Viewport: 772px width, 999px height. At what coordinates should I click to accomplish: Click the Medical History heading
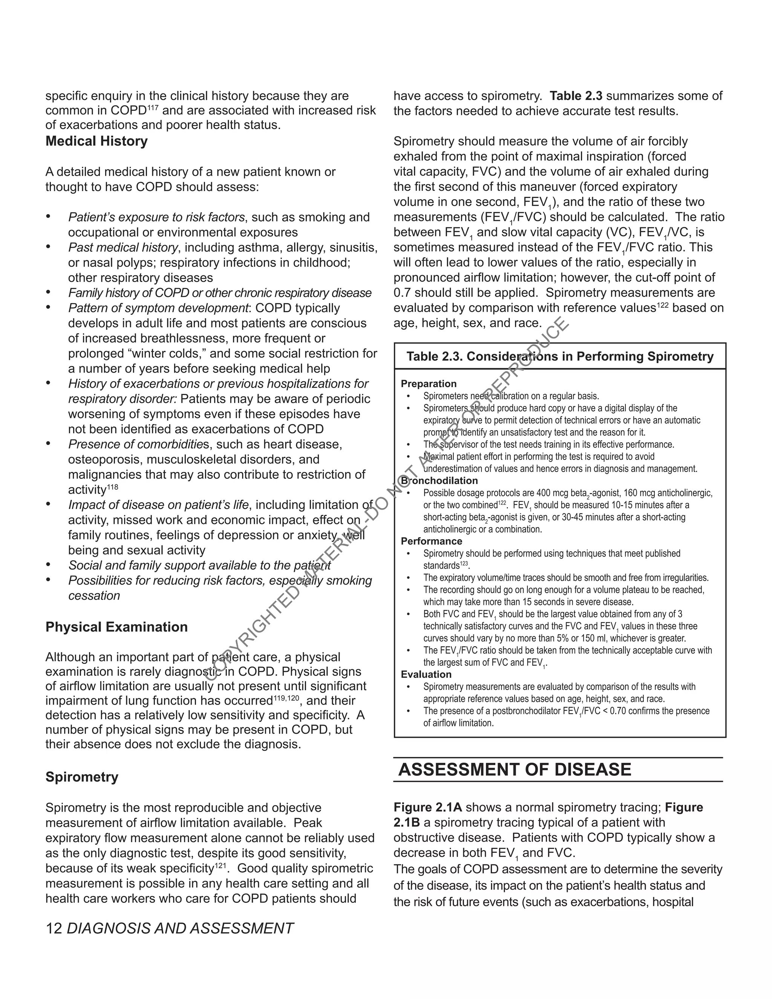point(96,141)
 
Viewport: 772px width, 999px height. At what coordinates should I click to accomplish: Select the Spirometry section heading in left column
point(82,777)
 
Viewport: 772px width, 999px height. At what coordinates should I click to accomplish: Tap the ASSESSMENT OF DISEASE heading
point(515,769)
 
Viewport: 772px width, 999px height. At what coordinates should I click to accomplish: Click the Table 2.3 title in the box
point(560,356)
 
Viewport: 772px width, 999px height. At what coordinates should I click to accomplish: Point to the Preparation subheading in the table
point(429,384)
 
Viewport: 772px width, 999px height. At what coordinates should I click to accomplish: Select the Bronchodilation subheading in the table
point(440,481)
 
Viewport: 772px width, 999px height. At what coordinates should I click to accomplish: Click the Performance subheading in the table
point(431,541)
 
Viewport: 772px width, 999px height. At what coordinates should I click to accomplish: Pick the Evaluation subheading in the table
point(426,674)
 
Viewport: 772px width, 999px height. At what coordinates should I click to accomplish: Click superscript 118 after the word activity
point(112,487)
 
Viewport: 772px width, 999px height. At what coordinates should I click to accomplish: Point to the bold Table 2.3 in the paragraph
point(576,96)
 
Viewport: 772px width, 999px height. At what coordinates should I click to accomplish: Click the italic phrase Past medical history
point(123,247)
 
